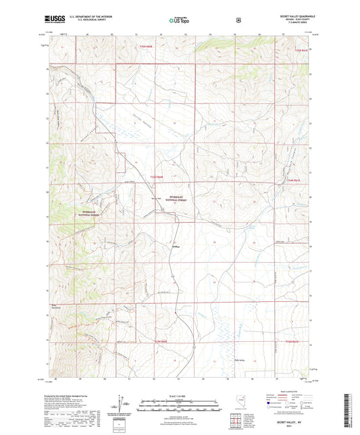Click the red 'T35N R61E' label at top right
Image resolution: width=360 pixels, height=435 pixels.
[300, 50]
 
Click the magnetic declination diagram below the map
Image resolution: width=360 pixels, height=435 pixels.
[120, 405]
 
